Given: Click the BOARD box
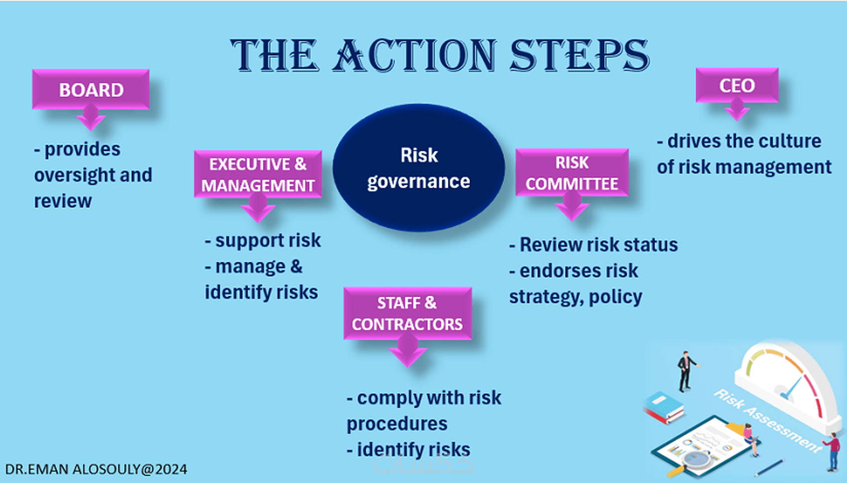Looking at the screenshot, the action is coord(91,90).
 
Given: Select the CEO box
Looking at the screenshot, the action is coord(737,86).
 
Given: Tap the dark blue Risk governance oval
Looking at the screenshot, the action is coord(419,168).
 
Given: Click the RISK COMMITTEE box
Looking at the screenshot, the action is coord(572,173).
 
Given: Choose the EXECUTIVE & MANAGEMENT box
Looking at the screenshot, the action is coord(258,174).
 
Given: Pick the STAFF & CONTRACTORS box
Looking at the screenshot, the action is coord(408,313).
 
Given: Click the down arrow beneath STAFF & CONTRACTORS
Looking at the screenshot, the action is coord(408,352).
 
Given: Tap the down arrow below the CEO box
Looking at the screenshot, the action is coord(737,110).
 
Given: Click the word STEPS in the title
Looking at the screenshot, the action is coord(579,55).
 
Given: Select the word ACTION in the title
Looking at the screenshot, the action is coord(415,55).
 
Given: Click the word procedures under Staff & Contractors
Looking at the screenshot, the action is coord(397,424).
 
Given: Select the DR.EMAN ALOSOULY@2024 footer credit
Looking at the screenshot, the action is coord(96,469).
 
